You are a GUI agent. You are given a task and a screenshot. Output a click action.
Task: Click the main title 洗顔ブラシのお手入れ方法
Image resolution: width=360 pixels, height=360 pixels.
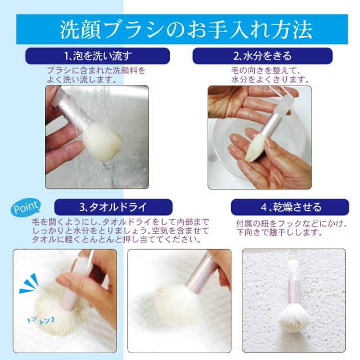pos(186,30)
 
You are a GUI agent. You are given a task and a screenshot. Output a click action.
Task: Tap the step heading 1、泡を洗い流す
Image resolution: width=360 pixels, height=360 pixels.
pos(98,56)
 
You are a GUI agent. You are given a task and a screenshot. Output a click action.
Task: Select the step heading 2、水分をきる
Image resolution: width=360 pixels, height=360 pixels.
pos(263,56)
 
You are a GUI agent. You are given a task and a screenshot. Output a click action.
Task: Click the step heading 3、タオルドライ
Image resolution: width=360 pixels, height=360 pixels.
pos(113,207)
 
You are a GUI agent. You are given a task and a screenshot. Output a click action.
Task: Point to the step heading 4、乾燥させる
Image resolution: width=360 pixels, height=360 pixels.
pos(291,207)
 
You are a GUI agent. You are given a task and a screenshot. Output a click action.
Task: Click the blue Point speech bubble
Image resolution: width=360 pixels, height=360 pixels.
pos(26,208)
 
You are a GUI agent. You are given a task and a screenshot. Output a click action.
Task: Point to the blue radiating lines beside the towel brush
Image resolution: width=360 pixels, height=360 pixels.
pos(29,283)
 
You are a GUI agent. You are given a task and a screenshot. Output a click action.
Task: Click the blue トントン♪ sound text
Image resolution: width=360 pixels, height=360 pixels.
pos(41,320)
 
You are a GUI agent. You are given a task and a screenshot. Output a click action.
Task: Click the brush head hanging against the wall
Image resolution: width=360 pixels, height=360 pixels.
pos(294,318)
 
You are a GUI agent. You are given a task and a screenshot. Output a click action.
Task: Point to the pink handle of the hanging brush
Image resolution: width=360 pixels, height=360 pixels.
pos(294,291)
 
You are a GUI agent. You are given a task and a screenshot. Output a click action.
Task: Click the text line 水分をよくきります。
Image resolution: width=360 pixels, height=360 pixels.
pos(271,79)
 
